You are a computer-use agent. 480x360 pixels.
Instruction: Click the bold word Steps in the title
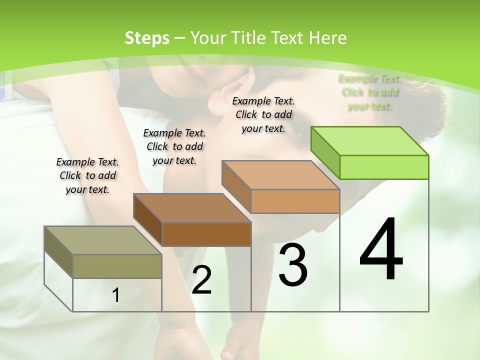click(x=146, y=38)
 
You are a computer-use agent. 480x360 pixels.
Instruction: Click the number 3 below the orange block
click(x=293, y=265)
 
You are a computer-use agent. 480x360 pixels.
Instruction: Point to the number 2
click(x=202, y=280)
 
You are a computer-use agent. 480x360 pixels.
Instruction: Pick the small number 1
click(x=116, y=295)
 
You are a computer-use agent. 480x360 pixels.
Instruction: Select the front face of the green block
click(x=384, y=167)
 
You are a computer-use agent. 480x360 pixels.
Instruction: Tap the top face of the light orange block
click(x=280, y=175)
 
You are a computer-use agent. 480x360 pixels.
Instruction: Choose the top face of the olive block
click(x=103, y=240)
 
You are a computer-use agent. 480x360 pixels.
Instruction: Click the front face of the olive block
click(x=117, y=266)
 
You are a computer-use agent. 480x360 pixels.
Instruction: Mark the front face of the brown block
click(x=206, y=234)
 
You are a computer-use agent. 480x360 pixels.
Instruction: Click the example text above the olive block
click(x=87, y=176)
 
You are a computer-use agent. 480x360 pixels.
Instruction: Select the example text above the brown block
click(x=174, y=146)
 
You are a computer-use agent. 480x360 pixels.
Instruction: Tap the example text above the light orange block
click(x=263, y=114)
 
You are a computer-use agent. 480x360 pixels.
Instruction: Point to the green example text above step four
click(x=370, y=92)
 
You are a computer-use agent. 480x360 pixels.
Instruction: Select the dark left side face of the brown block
click(x=148, y=220)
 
